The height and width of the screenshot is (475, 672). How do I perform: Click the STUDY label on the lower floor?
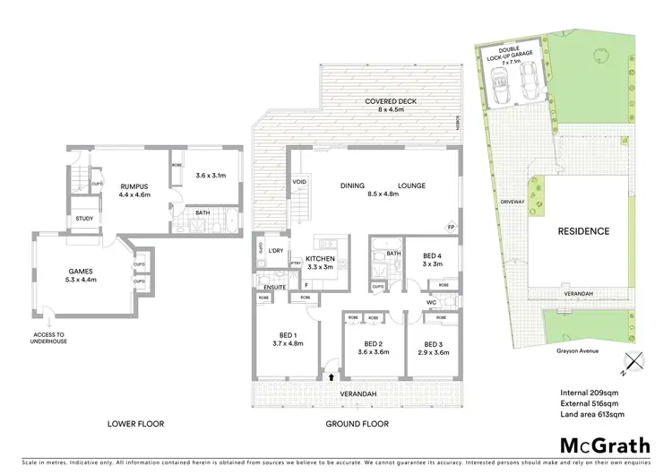coord(85,218)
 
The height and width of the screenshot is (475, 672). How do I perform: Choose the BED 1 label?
coord(284,338)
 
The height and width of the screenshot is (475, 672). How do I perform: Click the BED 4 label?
coord(433,258)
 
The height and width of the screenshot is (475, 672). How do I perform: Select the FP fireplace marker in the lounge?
coord(451,226)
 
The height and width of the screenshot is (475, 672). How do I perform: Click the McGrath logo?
coord(599,445)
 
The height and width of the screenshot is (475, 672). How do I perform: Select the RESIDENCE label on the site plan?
coord(583,231)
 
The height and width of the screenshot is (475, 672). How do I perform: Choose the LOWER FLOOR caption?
coord(134,423)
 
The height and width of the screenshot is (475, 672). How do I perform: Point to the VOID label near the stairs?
coord(299,183)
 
